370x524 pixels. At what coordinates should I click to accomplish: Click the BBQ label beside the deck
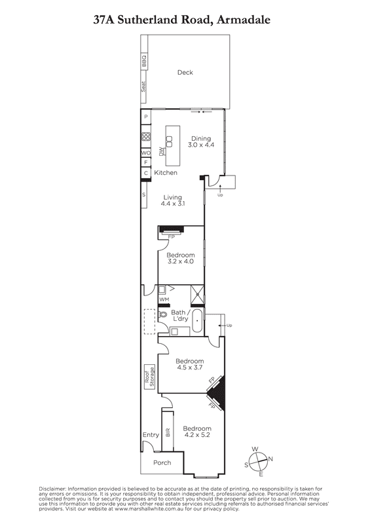(x=144, y=62)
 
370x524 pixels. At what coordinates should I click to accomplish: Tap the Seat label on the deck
(x=143, y=86)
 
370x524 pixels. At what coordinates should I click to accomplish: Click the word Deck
(x=185, y=72)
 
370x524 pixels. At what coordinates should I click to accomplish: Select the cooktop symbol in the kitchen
(x=145, y=137)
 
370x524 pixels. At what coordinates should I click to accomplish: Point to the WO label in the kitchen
(x=146, y=153)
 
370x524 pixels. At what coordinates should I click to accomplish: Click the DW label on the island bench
(x=162, y=152)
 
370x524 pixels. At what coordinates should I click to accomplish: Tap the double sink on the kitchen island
(x=170, y=141)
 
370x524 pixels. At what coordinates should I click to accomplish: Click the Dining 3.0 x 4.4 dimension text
(x=201, y=145)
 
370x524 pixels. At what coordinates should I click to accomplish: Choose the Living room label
(x=173, y=197)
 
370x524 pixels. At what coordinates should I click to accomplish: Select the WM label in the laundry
(x=164, y=299)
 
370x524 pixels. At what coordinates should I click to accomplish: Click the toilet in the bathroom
(x=163, y=314)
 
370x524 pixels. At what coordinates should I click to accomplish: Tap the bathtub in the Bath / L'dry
(x=198, y=320)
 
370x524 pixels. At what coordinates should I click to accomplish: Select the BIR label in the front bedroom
(x=168, y=432)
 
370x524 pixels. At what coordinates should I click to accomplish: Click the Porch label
(x=162, y=463)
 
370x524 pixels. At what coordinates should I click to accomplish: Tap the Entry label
(x=151, y=435)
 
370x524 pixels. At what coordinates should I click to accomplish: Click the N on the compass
(x=270, y=459)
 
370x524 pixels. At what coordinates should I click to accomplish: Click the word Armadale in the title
(x=244, y=20)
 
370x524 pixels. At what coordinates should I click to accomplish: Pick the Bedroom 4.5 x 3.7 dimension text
(x=189, y=367)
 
